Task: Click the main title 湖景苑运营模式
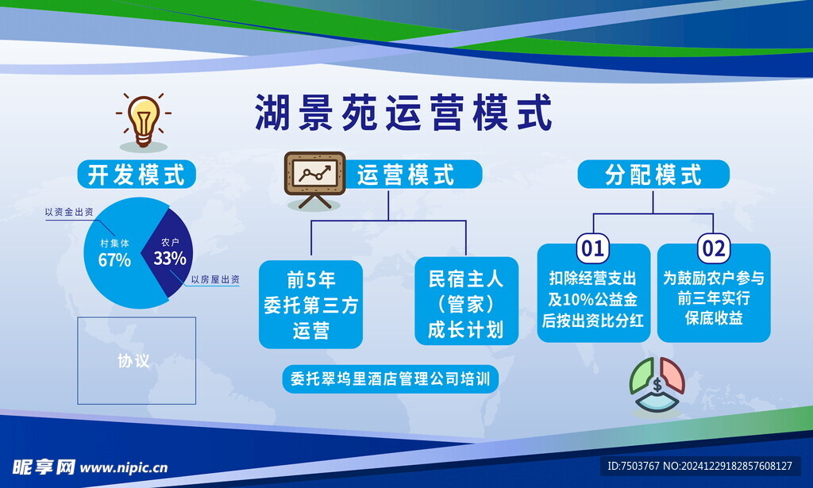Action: pos(403,113)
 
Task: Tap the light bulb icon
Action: pos(144,121)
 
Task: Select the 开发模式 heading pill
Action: pos(137,174)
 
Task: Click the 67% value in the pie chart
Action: pos(114,259)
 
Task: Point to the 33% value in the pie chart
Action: pos(170,258)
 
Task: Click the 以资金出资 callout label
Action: pos(69,212)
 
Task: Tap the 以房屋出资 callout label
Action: pos(215,279)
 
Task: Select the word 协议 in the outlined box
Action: pos(133,360)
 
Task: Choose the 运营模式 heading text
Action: pos(406,175)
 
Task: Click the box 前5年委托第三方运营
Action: pos(310,305)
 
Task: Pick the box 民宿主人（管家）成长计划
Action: pos(466,302)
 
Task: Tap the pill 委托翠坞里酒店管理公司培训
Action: pos(390,378)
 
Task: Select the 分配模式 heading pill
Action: pos(653,174)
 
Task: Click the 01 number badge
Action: pos(593,248)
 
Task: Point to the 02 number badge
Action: pos(714,248)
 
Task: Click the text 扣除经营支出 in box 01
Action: pos(592,279)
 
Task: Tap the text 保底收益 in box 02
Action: pos(714,318)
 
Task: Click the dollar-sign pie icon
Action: pos(657,385)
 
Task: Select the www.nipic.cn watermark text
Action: pos(123,468)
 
